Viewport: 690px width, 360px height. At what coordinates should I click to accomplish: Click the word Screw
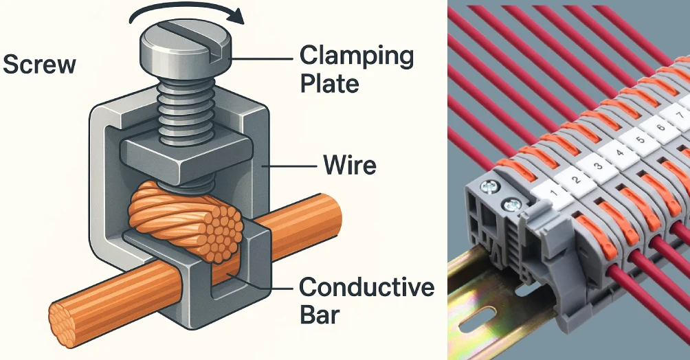tap(39, 65)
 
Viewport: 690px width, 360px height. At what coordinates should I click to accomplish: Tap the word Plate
tap(329, 83)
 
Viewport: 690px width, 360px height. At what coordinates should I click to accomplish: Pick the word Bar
tap(320, 315)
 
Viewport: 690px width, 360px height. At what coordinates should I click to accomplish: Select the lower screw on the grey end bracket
tap(509, 203)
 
